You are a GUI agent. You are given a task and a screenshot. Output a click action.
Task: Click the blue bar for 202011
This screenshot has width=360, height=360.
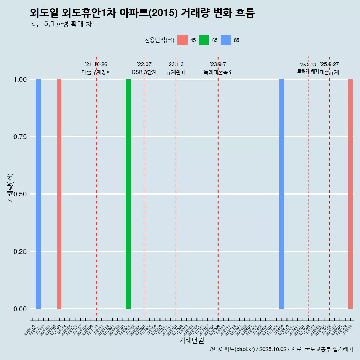(x=38, y=194)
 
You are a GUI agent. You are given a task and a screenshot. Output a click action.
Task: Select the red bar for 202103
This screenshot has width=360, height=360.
(x=59, y=194)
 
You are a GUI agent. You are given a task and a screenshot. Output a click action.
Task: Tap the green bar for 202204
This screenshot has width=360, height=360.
(x=128, y=194)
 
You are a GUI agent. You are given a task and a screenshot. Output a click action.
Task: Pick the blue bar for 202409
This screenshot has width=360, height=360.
(x=282, y=194)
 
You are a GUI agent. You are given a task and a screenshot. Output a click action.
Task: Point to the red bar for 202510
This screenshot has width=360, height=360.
(x=351, y=194)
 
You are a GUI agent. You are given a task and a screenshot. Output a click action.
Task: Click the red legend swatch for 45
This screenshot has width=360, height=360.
(x=182, y=40)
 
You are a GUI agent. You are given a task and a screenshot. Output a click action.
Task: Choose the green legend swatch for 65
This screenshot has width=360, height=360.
(x=204, y=40)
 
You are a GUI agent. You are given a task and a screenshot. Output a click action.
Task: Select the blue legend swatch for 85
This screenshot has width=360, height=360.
(x=226, y=40)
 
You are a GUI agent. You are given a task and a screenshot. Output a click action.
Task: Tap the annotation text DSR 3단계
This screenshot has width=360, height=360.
(x=144, y=72)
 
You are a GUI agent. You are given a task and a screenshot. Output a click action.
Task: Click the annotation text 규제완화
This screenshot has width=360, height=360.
(x=176, y=72)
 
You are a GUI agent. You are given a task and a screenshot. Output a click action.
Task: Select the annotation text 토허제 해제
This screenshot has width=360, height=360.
(x=308, y=71)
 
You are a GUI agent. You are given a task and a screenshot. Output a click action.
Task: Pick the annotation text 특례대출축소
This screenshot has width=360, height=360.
(x=218, y=72)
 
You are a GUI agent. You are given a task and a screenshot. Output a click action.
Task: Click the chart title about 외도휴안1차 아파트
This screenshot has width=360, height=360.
(x=142, y=13)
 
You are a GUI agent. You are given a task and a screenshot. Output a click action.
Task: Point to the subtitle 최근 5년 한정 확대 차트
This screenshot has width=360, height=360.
(x=64, y=24)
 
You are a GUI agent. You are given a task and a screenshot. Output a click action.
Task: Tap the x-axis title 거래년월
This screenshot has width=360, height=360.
(x=191, y=340)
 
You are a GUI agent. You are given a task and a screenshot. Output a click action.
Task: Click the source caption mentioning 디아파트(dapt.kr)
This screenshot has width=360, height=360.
(x=281, y=349)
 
